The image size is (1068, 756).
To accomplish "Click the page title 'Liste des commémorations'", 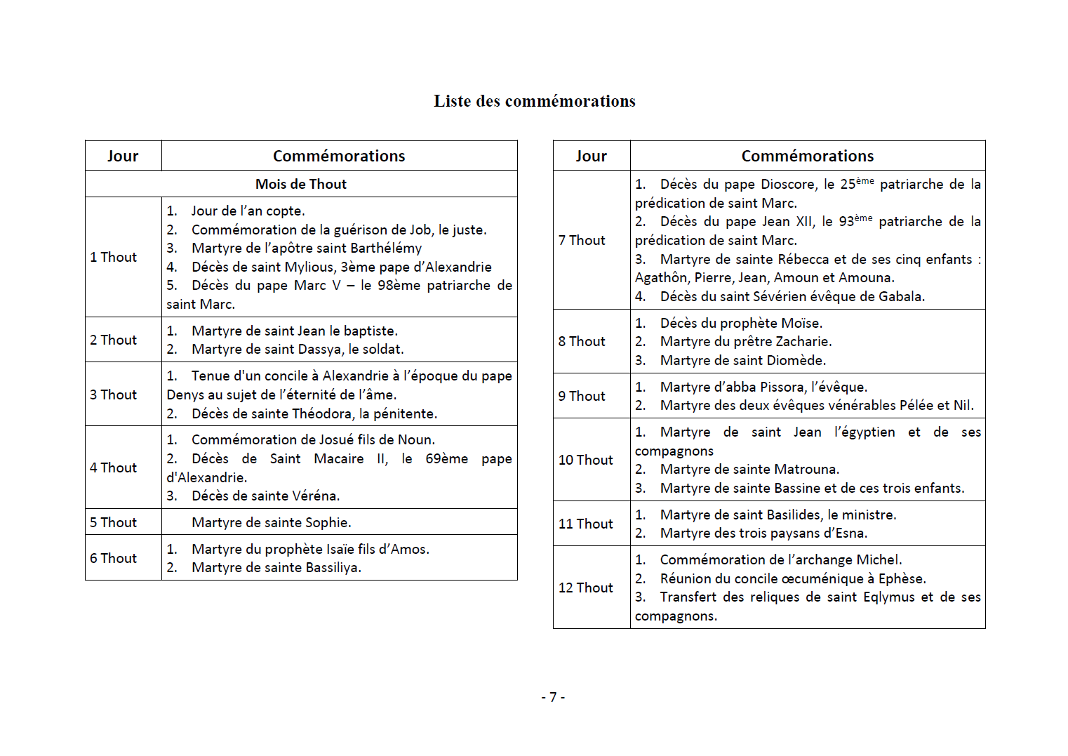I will [x=534, y=101].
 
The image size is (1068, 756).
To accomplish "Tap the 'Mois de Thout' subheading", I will [x=300, y=184].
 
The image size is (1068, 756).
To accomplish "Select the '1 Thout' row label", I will [x=113, y=257].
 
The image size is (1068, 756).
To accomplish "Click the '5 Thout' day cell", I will [x=113, y=522].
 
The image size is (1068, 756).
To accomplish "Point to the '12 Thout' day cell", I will [x=585, y=588].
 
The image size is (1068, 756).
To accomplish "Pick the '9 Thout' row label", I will [x=581, y=396].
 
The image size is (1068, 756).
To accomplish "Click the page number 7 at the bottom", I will [x=553, y=697].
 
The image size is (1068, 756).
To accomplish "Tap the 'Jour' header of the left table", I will [x=123, y=156].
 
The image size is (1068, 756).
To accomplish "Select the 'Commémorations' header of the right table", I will [x=807, y=156].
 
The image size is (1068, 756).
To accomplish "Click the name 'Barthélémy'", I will [x=388, y=248].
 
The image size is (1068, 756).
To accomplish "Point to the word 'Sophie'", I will [x=327, y=523].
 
